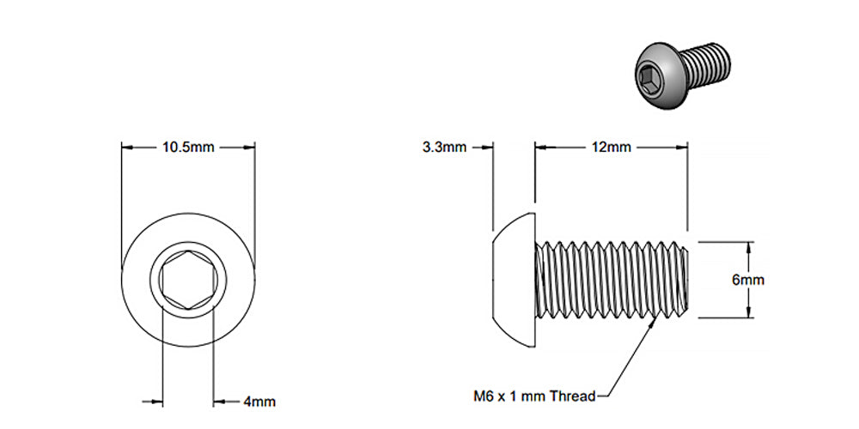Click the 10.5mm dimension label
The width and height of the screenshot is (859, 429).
tap(188, 147)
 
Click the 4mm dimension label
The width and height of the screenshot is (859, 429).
tap(259, 401)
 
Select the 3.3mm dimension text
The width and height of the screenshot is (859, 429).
tap(444, 147)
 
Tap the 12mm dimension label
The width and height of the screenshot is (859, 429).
tap(611, 147)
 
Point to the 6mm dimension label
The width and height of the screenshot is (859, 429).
tap(748, 280)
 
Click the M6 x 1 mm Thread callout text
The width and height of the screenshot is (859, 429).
tap(533, 396)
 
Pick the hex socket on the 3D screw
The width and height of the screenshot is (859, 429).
tap(649, 82)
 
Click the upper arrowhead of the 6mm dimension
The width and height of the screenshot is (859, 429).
tap(749, 244)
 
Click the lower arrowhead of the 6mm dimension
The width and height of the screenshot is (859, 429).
tap(749, 315)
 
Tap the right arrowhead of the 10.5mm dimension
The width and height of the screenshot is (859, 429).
tap(251, 147)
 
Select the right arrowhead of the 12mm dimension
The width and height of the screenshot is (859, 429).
tap(685, 147)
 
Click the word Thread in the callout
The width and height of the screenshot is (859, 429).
tap(574, 396)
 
